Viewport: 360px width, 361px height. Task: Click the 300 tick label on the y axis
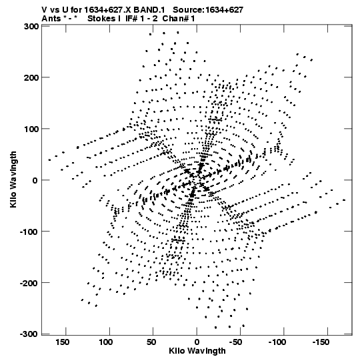pyautogui.click(x=31, y=27)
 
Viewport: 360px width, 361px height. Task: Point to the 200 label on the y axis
pyautogui.click(x=31, y=77)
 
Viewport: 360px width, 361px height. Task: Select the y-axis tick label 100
pyautogui.click(x=31, y=129)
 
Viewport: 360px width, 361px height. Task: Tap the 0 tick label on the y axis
pyautogui.click(x=35, y=180)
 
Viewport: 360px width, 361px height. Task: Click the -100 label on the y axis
pyautogui.click(x=29, y=232)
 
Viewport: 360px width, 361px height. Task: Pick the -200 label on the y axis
pyautogui.click(x=29, y=283)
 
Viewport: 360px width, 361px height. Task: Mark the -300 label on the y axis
pyautogui.click(x=29, y=334)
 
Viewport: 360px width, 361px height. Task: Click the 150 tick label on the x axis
pyautogui.click(x=62, y=342)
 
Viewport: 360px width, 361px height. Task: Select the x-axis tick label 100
pyautogui.click(x=106, y=342)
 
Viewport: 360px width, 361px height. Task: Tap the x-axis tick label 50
pyautogui.click(x=151, y=342)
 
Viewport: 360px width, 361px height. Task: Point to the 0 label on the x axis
pyautogui.click(x=197, y=342)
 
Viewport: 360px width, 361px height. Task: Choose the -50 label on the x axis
pyautogui.click(x=235, y=342)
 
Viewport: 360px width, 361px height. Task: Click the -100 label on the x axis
pyautogui.click(x=277, y=342)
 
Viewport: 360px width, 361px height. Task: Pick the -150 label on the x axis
pyautogui.click(x=321, y=342)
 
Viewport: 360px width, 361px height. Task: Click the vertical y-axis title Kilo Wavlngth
pyautogui.click(x=13, y=179)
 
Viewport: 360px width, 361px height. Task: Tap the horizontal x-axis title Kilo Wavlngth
pyautogui.click(x=197, y=350)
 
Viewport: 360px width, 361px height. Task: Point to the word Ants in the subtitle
pyautogui.click(x=51, y=19)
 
